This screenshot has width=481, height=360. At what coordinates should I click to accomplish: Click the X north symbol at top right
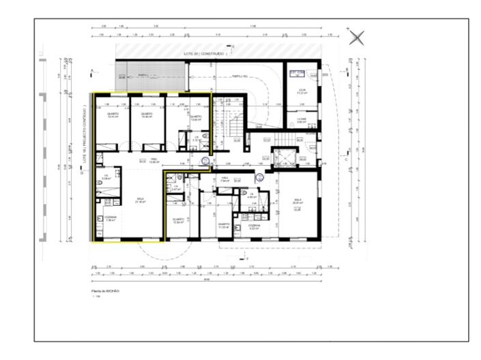[x=356, y=37]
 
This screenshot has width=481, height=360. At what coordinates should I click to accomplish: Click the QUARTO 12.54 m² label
[x=179, y=221]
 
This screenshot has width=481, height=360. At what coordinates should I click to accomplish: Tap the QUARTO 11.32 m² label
[x=222, y=225]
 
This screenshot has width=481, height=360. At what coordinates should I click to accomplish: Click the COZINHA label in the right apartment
[x=254, y=226]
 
